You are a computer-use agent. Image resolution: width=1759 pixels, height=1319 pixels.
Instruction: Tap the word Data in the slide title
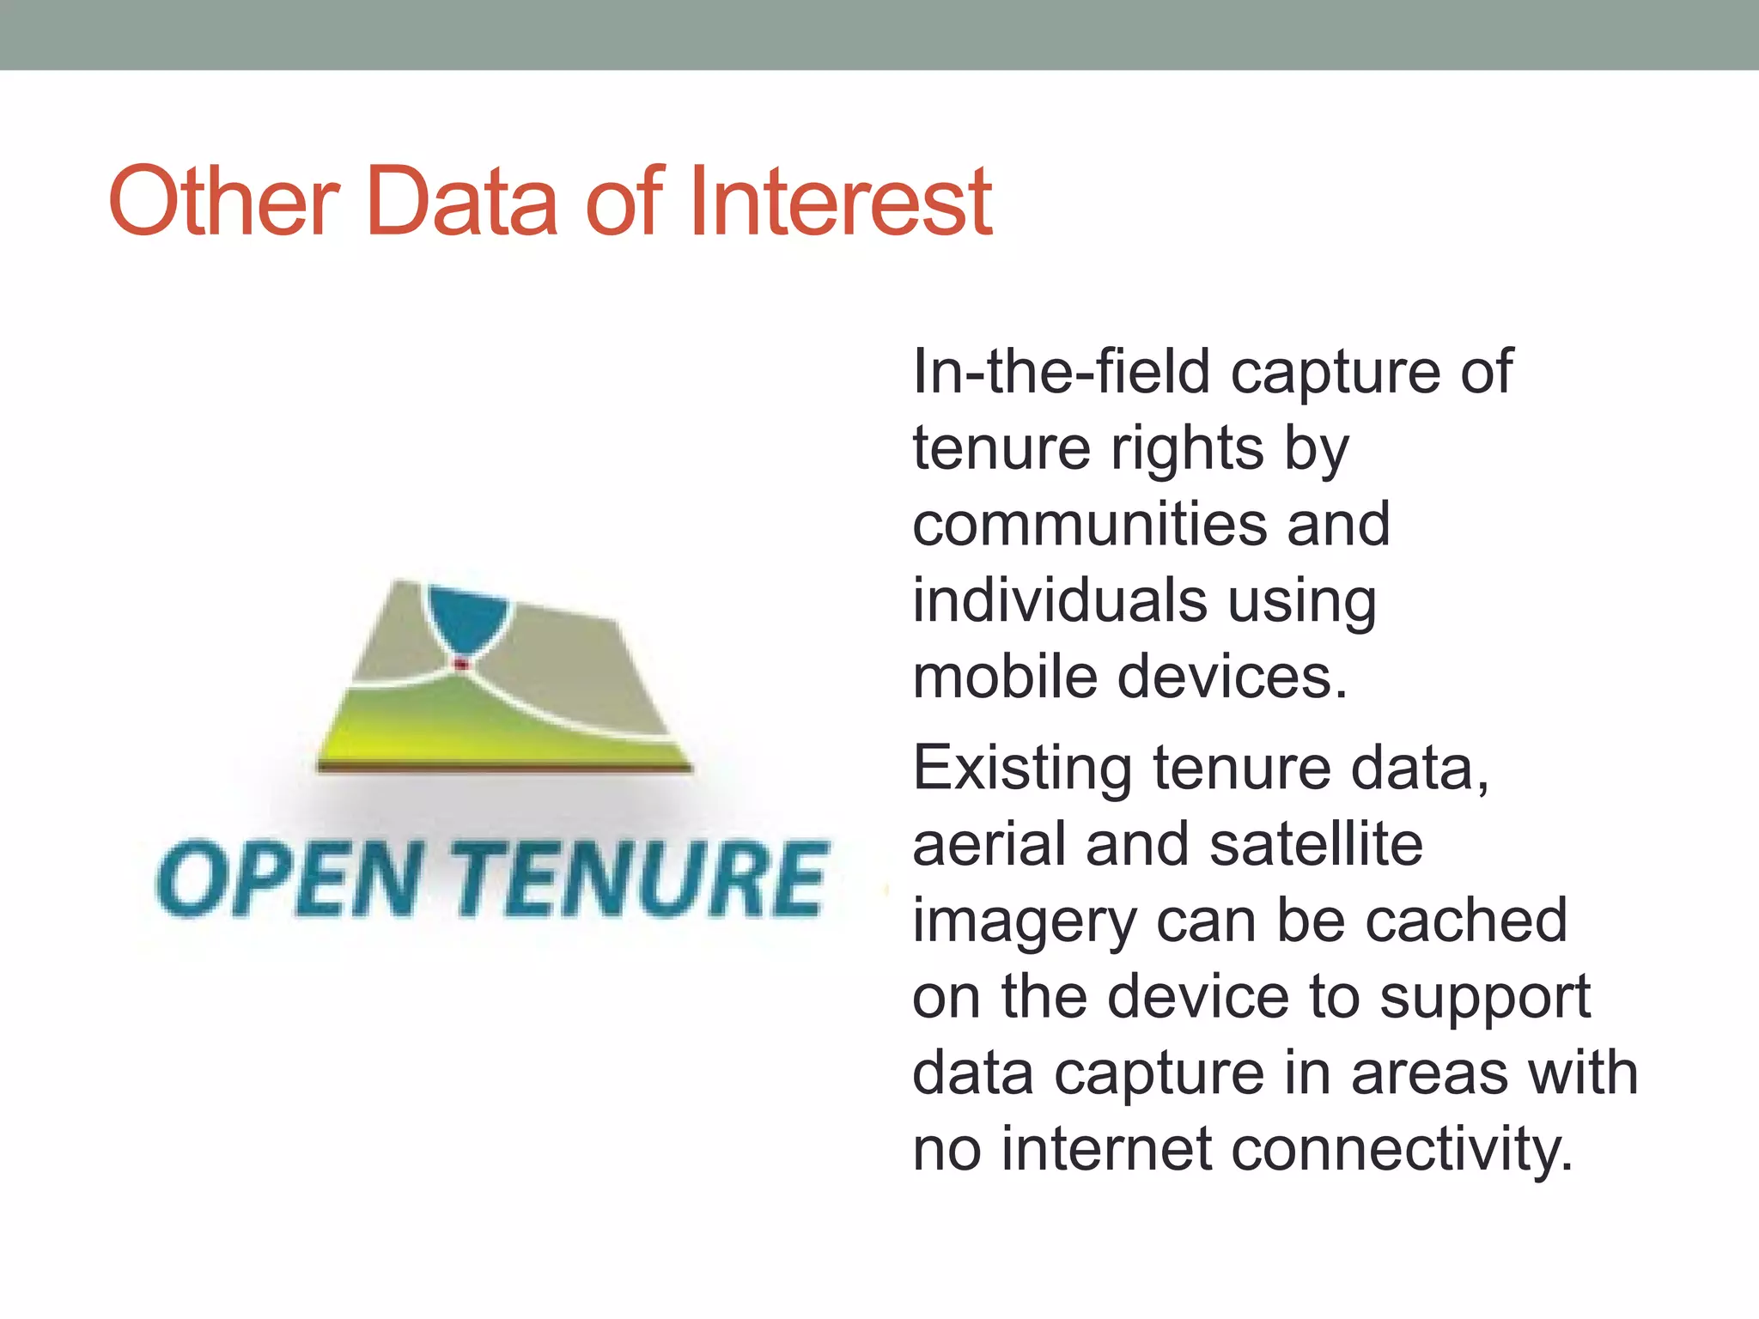462,203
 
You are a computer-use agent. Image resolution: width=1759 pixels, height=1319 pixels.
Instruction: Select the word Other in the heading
224,203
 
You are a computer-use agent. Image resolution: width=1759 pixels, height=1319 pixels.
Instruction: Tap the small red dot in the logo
462,664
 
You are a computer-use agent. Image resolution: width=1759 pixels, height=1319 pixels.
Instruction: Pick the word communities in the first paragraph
1089,525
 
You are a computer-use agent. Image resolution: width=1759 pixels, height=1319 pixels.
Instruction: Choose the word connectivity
1402,1151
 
